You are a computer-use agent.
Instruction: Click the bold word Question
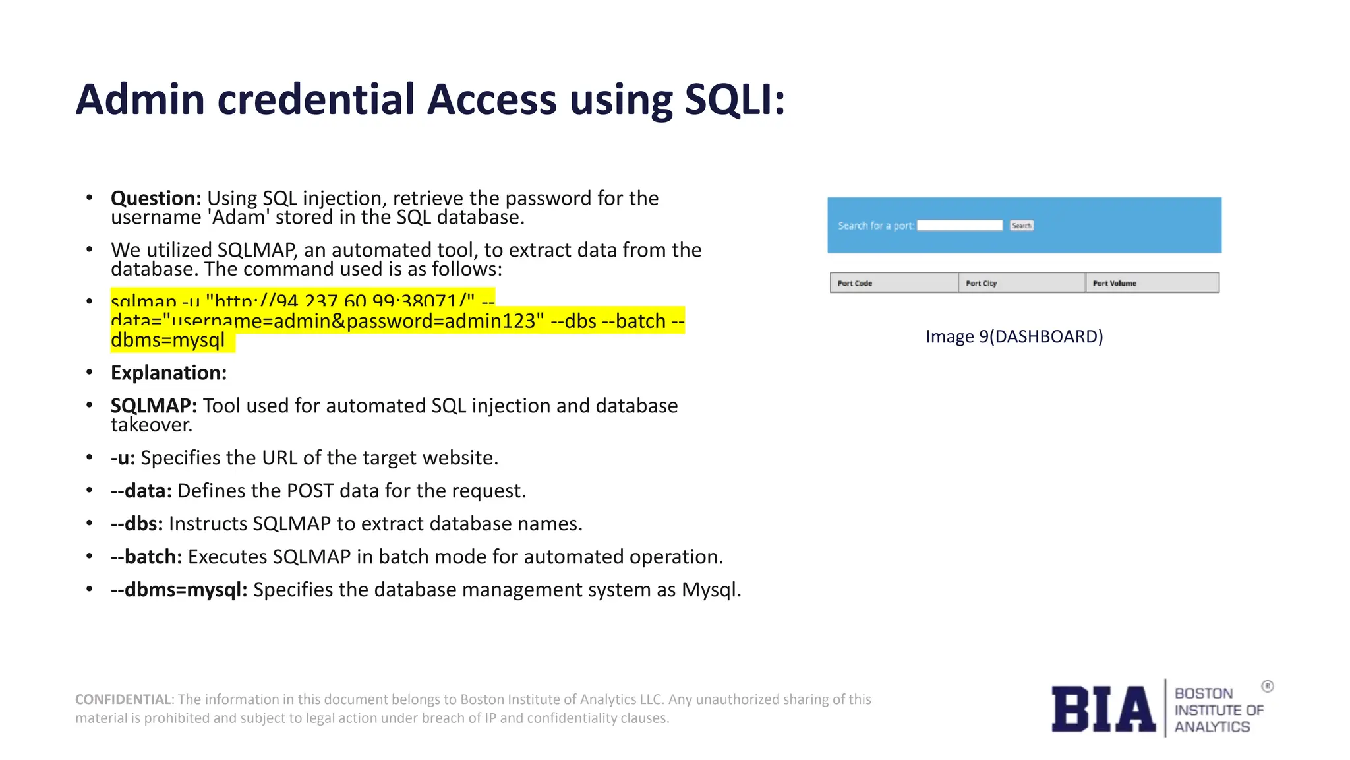(156, 198)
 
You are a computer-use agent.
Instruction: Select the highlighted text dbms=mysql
(168, 340)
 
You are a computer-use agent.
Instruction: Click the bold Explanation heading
(169, 373)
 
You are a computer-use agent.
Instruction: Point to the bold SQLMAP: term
(154, 406)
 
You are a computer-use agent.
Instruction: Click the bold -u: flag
(123, 458)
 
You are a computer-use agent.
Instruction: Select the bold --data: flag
(141, 491)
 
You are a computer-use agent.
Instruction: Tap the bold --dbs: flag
(136, 524)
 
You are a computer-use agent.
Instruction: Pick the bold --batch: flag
(146, 557)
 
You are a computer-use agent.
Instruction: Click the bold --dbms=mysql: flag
(179, 590)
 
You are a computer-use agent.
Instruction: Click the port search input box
(960, 226)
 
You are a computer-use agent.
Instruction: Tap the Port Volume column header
(1115, 283)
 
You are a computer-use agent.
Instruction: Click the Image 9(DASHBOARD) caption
(1014, 336)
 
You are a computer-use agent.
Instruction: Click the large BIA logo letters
(1103, 709)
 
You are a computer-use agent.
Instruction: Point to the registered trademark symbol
(1268, 686)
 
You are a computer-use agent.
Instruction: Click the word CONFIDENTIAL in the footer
(123, 699)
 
